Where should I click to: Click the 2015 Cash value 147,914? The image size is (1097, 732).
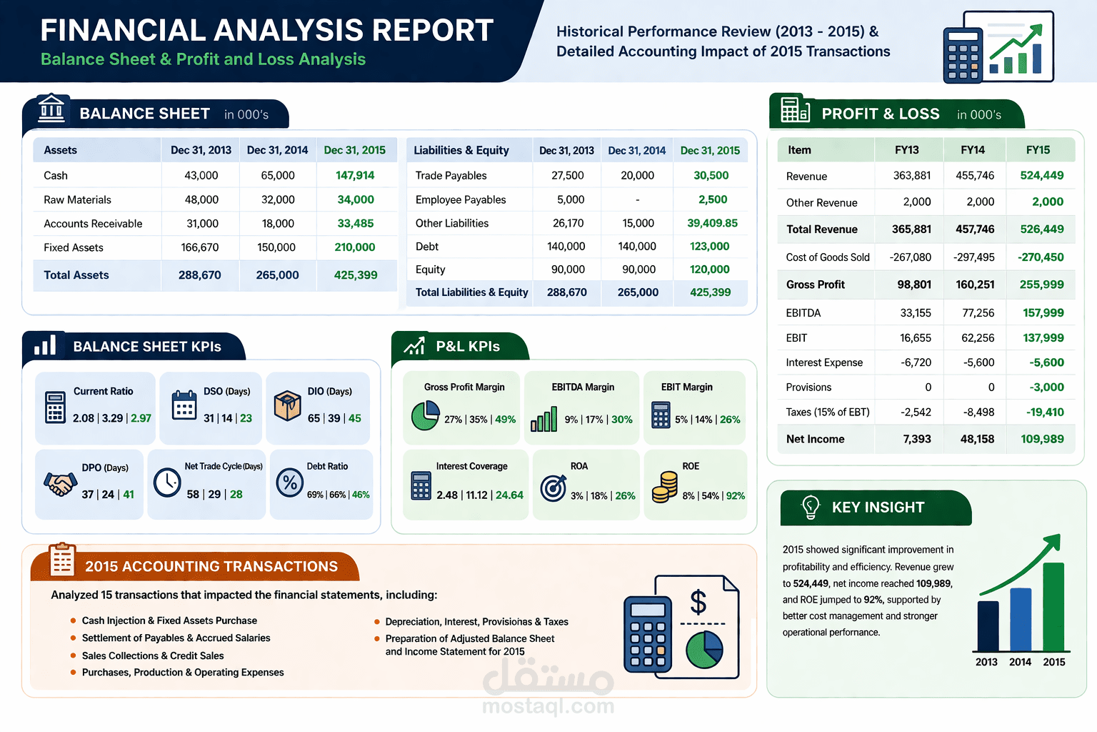(x=355, y=175)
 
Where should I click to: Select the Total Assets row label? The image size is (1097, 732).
(x=76, y=275)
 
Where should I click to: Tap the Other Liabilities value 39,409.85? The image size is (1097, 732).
(x=712, y=223)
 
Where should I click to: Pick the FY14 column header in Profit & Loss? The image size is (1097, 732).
(x=972, y=150)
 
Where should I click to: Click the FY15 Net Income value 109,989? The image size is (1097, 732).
(x=1042, y=439)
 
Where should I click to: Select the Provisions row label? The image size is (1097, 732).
(x=808, y=387)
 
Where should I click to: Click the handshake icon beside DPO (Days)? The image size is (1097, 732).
(x=60, y=484)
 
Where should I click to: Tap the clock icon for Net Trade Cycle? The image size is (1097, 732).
(x=167, y=483)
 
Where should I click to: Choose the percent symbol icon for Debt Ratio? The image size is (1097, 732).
(x=290, y=483)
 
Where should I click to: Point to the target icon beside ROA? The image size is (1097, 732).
(x=553, y=488)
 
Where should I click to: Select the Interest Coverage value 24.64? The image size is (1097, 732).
(x=509, y=495)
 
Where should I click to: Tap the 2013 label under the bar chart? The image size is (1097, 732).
(x=986, y=662)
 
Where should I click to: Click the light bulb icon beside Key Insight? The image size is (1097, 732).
(x=811, y=507)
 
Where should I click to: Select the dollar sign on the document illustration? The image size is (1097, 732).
(x=698, y=602)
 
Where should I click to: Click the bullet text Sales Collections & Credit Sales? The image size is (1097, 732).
(x=153, y=656)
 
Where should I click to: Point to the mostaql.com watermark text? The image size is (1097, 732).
(x=548, y=706)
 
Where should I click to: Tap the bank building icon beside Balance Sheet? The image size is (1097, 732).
(x=51, y=110)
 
